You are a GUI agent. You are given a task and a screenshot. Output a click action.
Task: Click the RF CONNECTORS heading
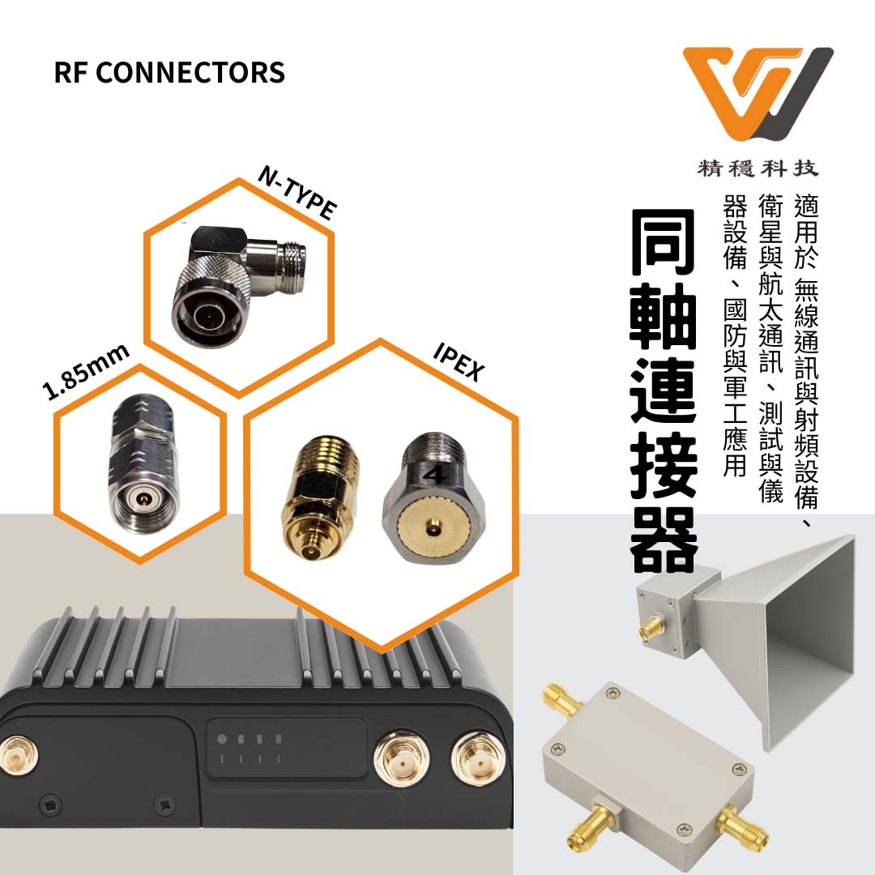pos(169,73)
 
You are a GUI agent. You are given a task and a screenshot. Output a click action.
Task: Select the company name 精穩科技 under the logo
pos(758,169)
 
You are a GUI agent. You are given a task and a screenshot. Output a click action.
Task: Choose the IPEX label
pos(459,361)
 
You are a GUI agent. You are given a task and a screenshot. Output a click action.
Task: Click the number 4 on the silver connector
pos(435,474)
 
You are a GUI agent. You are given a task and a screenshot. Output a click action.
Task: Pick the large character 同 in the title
pos(664,245)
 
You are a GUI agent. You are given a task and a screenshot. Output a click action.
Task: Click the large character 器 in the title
pos(664,542)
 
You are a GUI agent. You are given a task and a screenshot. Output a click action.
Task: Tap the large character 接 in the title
pos(664,467)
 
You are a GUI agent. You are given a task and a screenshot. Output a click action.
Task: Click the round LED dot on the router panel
pos(222,739)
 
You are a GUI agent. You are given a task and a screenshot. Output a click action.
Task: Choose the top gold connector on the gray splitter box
pos(557,698)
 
